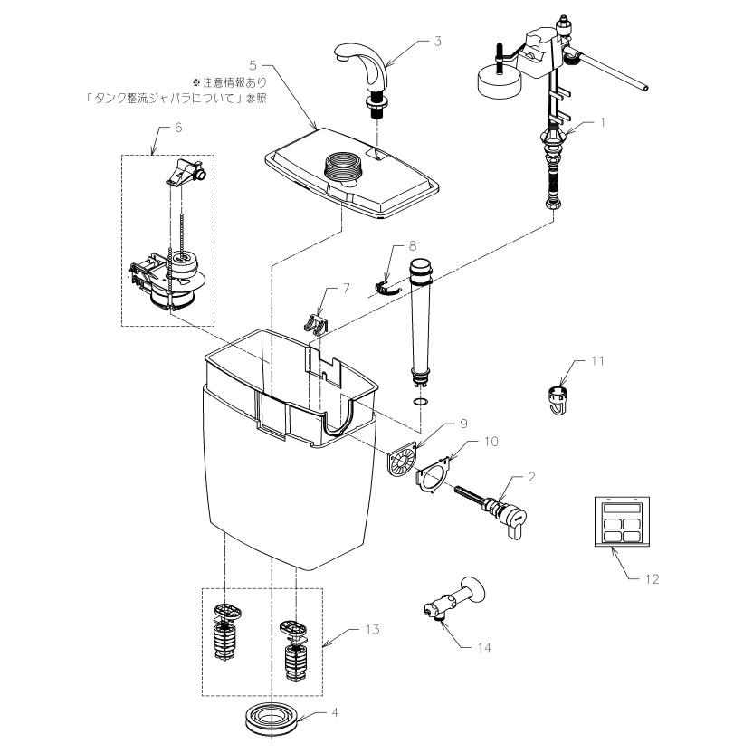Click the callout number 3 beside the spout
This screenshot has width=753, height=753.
pos(438,41)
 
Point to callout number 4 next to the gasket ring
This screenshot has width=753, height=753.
pos(334,713)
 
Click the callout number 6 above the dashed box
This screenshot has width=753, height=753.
pos(178,128)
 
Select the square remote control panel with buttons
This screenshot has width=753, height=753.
pos(622,521)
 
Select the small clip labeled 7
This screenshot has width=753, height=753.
pos(315,322)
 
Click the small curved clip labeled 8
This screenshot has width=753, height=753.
pos(387,285)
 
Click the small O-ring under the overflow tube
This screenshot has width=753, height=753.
pos(420,400)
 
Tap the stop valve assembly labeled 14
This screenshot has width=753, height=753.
pos(453,599)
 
